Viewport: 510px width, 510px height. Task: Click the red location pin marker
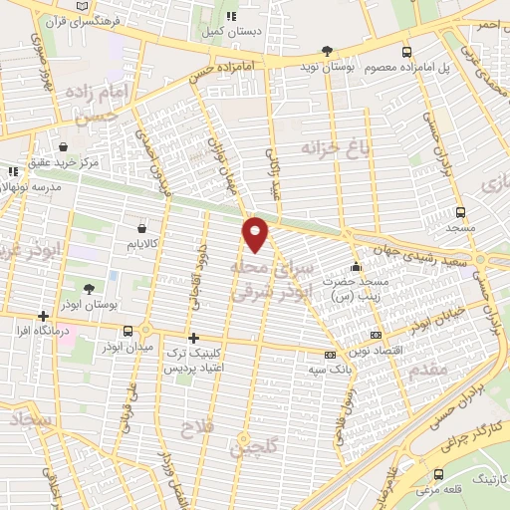point(256,233)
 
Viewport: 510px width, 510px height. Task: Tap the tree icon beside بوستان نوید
point(328,50)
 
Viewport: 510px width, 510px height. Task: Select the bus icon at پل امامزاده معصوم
point(406,52)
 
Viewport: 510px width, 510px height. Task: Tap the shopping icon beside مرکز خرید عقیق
point(64,146)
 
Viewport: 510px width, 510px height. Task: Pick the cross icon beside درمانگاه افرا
point(42,316)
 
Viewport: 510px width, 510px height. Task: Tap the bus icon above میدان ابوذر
point(128,331)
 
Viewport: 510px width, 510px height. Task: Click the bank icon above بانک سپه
point(330,355)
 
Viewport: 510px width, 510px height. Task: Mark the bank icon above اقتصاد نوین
point(375,336)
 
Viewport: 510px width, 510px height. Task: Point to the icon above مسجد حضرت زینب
point(356,266)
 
